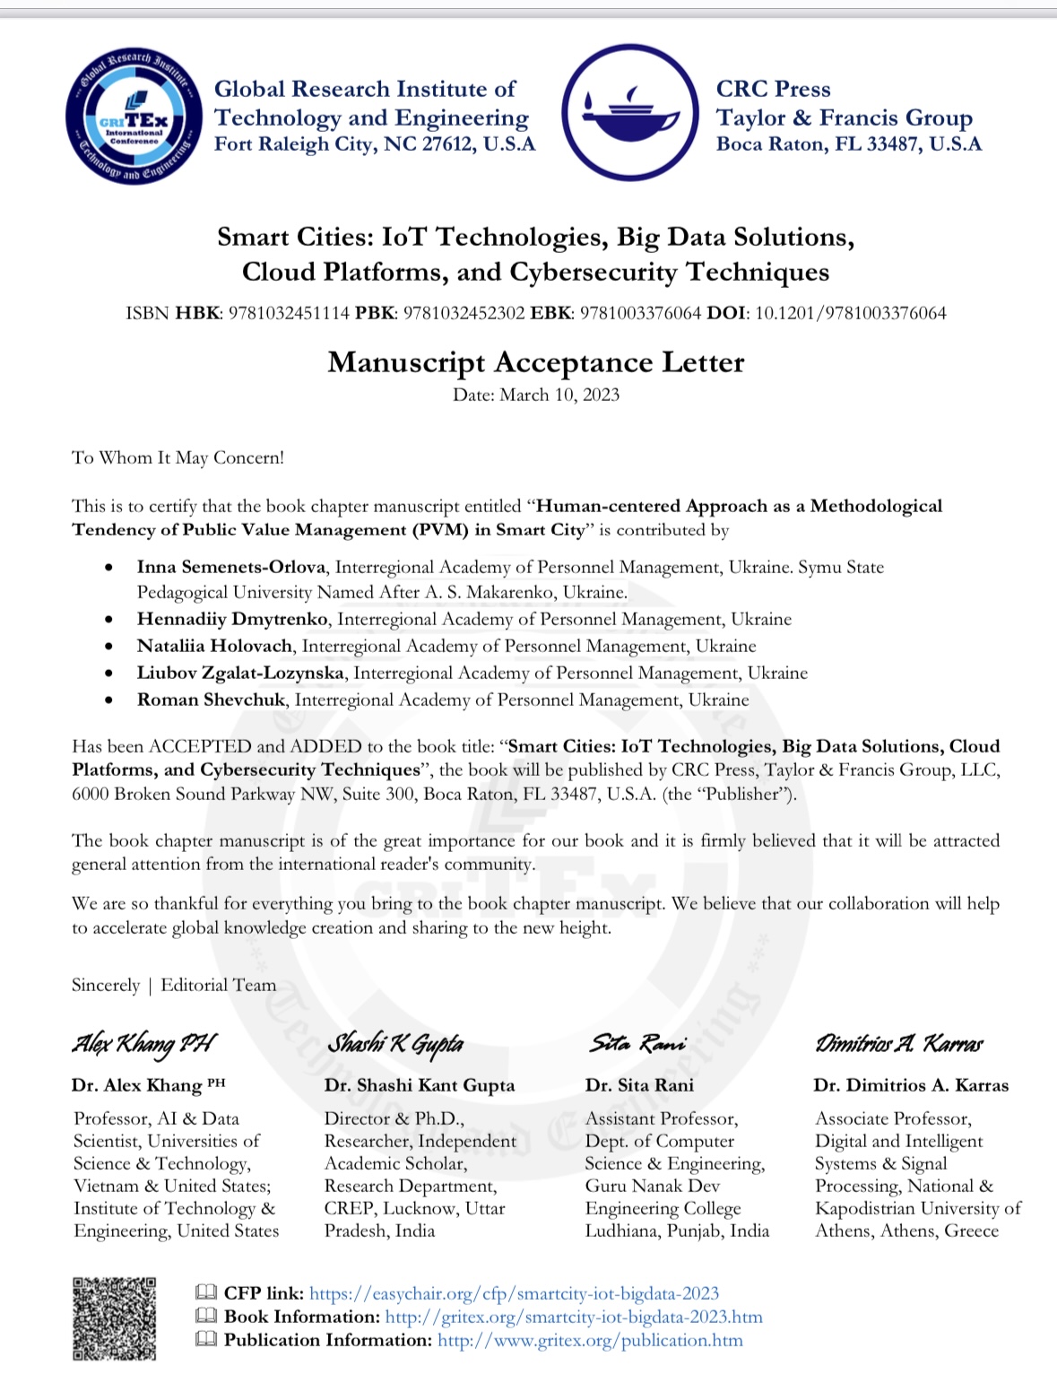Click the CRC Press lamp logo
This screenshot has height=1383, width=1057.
[630, 112]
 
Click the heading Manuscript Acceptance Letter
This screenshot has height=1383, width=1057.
[535, 362]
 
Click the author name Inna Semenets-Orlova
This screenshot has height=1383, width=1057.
[231, 567]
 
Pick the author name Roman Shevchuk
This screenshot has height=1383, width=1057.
[211, 700]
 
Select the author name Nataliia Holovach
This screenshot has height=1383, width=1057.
[214, 646]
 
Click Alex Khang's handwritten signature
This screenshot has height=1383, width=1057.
[143, 1043]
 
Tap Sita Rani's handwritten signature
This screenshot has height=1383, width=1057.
[637, 1043]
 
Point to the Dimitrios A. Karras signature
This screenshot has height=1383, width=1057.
[899, 1043]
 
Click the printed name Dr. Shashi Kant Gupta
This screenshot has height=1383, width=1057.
[420, 1085]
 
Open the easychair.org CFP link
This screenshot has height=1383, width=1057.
[514, 1293]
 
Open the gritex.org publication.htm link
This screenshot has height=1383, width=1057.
[590, 1340]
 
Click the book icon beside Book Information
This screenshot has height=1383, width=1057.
[206, 1316]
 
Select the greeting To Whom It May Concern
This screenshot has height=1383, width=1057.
[178, 457]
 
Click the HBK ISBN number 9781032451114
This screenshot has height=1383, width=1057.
[289, 313]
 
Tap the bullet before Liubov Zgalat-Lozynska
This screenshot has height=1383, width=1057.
[108, 673]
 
